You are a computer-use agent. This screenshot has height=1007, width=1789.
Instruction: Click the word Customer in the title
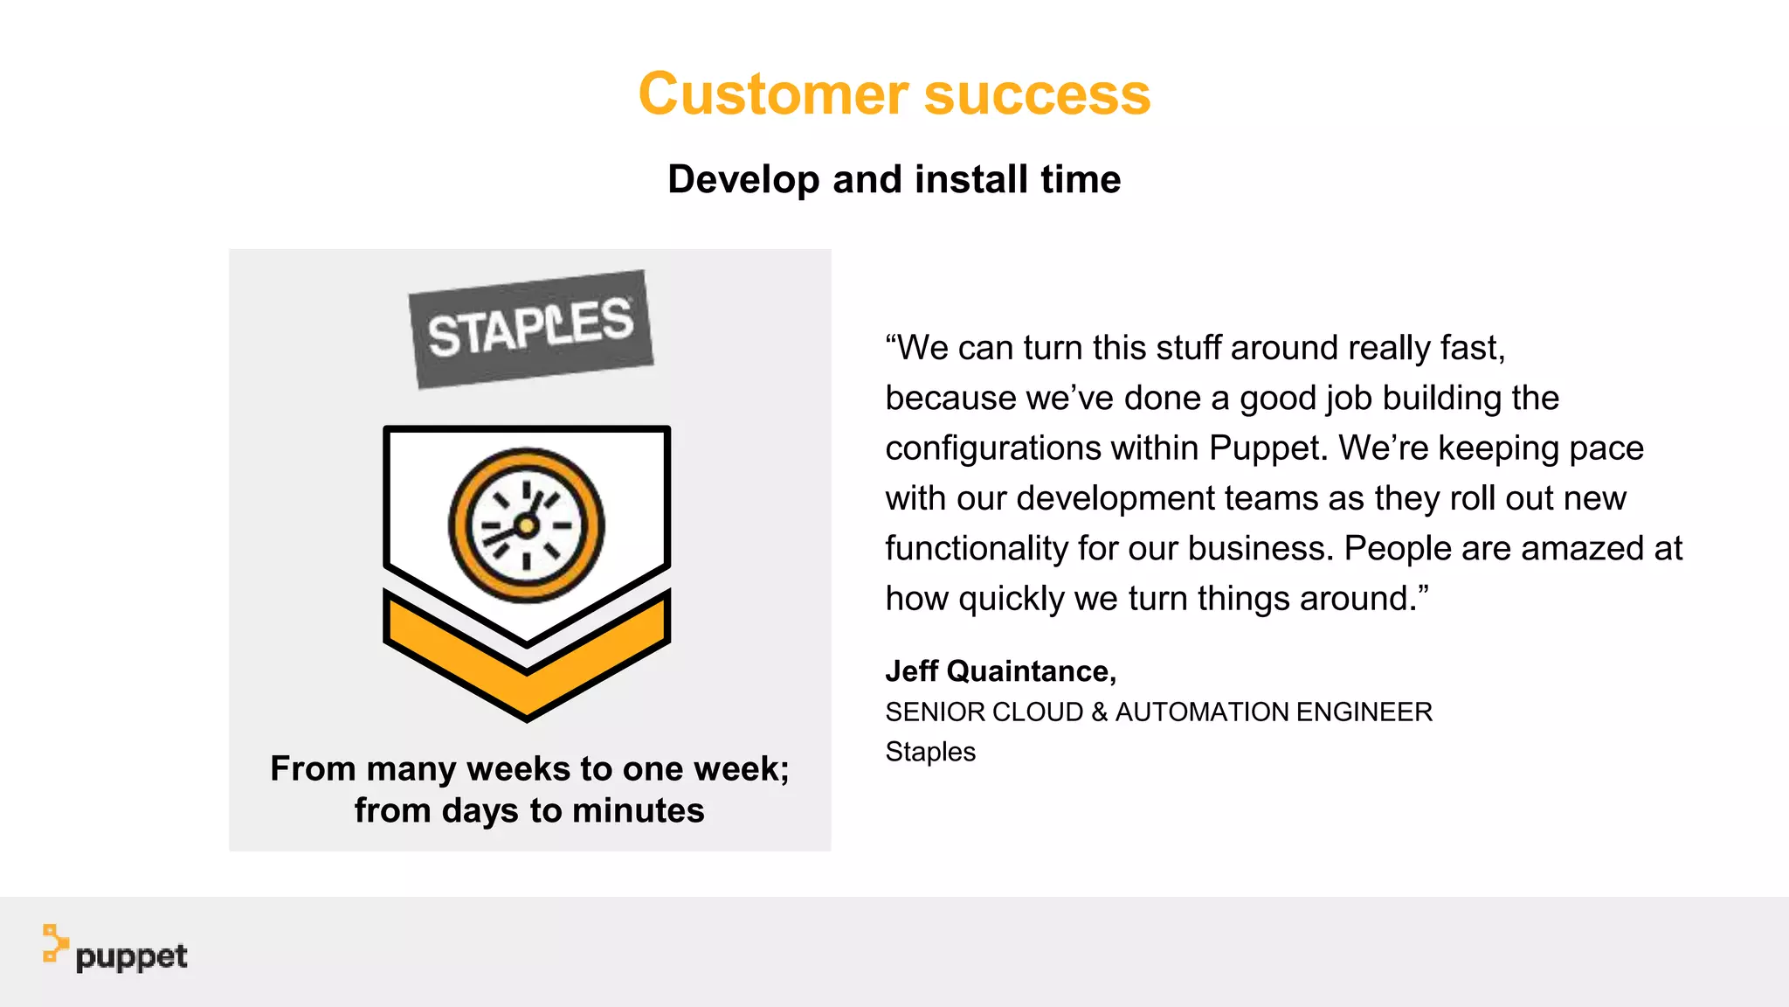point(773,94)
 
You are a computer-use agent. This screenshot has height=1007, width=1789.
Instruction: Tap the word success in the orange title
point(1037,94)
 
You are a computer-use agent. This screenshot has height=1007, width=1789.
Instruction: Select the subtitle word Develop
point(743,179)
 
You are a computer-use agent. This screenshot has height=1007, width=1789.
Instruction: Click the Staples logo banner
point(531,329)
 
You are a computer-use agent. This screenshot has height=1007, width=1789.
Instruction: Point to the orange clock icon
point(527,525)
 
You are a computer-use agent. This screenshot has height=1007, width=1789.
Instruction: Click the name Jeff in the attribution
point(911,671)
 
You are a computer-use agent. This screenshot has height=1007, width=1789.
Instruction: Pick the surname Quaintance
point(1031,671)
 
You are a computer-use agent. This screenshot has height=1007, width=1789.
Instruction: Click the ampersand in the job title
point(1099,712)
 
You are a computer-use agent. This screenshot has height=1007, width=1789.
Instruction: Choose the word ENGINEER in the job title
point(1364,712)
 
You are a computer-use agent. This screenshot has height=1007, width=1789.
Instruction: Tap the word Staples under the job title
point(930,752)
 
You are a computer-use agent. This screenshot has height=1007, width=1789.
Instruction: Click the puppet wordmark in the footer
point(131,957)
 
